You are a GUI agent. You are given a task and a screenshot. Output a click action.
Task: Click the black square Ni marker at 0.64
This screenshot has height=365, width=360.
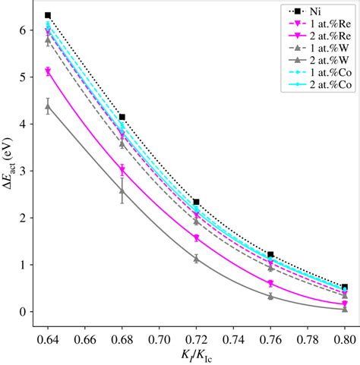(48, 15)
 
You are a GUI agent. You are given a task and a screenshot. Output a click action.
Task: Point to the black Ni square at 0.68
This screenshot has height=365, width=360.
(122, 117)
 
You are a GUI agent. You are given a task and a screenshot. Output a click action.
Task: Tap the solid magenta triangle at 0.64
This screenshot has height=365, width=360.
(48, 71)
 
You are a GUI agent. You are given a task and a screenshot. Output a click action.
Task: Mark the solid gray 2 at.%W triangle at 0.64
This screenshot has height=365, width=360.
(48, 107)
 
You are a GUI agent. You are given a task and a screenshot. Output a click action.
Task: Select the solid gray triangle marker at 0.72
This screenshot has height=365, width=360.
(196, 259)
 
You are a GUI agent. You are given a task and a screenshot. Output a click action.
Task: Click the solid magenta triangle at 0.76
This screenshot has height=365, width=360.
(270, 284)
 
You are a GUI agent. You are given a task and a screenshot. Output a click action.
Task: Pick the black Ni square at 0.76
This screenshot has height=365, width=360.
(270, 255)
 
